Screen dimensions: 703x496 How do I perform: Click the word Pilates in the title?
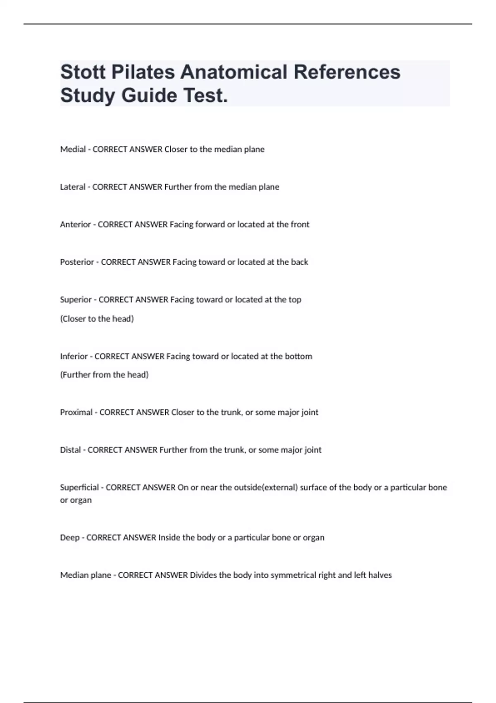pos(143,72)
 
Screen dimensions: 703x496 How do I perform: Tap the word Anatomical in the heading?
pos(234,72)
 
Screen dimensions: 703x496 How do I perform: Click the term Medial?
pos(73,149)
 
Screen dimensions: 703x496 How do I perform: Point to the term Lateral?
pos(73,187)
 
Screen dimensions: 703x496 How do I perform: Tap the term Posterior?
pos(77,262)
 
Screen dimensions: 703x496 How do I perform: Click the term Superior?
pos(76,300)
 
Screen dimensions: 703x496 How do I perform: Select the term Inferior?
pos(74,356)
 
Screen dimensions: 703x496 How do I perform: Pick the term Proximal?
pos(76,412)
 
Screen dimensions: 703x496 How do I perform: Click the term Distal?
pos(70,450)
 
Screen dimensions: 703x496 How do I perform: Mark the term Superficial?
pos(79,488)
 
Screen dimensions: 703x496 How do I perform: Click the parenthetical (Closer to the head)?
pos(97,319)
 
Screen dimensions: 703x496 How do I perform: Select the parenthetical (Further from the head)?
pos(104,375)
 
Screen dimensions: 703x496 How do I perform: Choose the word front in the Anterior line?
pos(300,225)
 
